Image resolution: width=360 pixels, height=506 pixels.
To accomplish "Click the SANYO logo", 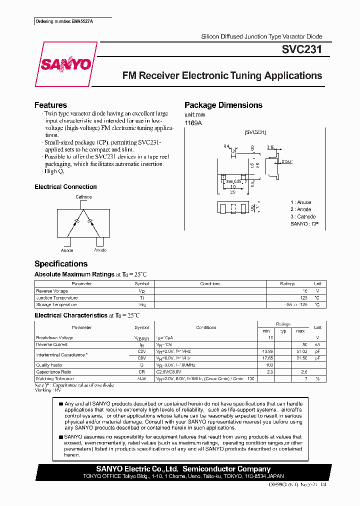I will pyautogui.click(x=65, y=64).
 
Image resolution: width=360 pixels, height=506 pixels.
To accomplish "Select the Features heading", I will pyautogui.click(x=50, y=105).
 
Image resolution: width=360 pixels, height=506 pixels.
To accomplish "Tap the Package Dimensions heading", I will pyautogui.click(x=223, y=105).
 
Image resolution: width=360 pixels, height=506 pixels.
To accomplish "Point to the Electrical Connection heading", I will pyautogui.click(x=65, y=187).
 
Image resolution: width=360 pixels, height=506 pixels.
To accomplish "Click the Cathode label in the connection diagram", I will pyautogui.click(x=83, y=197).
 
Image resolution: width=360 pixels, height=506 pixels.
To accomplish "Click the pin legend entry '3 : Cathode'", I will pyautogui.click(x=303, y=216).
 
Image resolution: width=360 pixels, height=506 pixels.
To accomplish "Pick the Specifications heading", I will pyautogui.click(x=60, y=263).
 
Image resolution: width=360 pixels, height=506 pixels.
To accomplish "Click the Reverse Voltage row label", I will pyautogui.click(x=51, y=290).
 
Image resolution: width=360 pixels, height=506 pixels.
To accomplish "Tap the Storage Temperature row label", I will pyautogui.click(x=56, y=304).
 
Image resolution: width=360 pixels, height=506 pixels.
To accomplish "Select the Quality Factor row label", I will pyautogui.click(x=49, y=364).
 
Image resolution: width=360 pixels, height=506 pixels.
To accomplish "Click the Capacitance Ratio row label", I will pyautogui.click(x=53, y=371).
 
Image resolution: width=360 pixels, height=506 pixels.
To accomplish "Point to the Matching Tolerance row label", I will pyautogui.click(x=55, y=378).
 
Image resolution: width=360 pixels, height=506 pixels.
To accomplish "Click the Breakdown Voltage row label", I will pyautogui.click(x=54, y=337).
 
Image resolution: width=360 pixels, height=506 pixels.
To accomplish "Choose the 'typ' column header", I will pyautogui.click(x=283, y=331).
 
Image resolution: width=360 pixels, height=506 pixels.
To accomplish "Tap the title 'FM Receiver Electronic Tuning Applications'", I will pyautogui.click(x=222, y=76).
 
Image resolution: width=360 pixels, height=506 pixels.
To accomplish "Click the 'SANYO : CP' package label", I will pyautogui.click(x=304, y=224).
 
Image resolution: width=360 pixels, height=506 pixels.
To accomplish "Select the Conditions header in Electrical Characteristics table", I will pyautogui.click(x=206, y=327).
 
